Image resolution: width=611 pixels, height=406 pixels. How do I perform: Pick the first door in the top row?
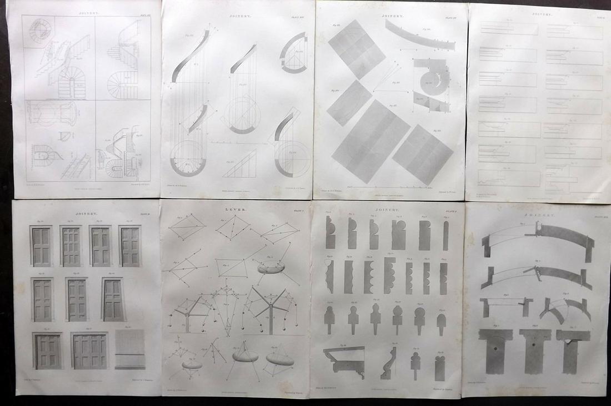[x=41, y=246]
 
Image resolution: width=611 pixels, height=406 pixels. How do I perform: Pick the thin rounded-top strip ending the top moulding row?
[x=446, y=235]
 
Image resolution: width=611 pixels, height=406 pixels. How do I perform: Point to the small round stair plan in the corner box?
[x=37, y=31]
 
